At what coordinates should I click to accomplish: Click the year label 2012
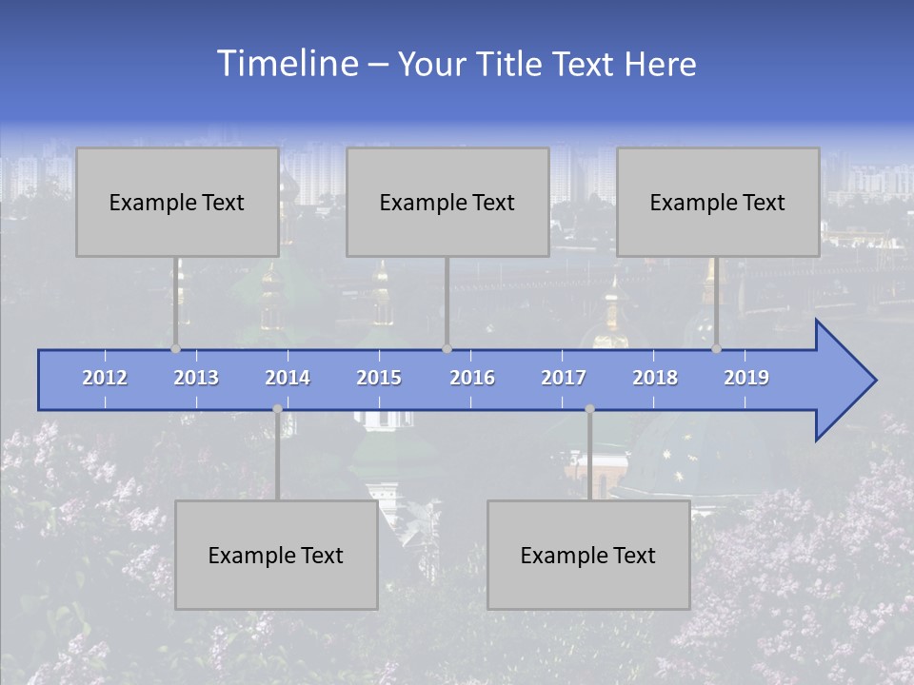click(x=105, y=378)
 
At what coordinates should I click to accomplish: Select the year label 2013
click(x=196, y=378)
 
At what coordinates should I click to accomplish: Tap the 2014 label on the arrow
click(x=288, y=378)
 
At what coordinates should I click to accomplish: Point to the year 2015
click(x=379, y=378)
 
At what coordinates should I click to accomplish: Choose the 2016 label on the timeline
click(x=472, y=378)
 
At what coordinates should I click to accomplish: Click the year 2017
click(x=564, y=378)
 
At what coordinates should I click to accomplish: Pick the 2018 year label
click(x=655, y=378)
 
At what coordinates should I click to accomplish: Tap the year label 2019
click(x=746, y=378)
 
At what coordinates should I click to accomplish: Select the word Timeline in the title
click(x=286, y=64)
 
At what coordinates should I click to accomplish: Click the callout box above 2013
click(x=177, y=202)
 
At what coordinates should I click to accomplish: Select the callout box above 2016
click(x=447, y=202)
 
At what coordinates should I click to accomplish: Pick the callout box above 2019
click(x=718, y=202)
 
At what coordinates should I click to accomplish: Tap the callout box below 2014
click(x=276, y=555)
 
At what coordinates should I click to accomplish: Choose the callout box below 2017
click(x=588, y=555)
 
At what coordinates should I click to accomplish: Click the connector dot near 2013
click(x=176, y=349)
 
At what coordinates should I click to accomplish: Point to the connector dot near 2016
click(x=447, y=349)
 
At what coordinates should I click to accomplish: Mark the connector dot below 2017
click(x=589, y=409)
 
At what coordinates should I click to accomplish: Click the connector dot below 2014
click(x=277, y=409)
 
